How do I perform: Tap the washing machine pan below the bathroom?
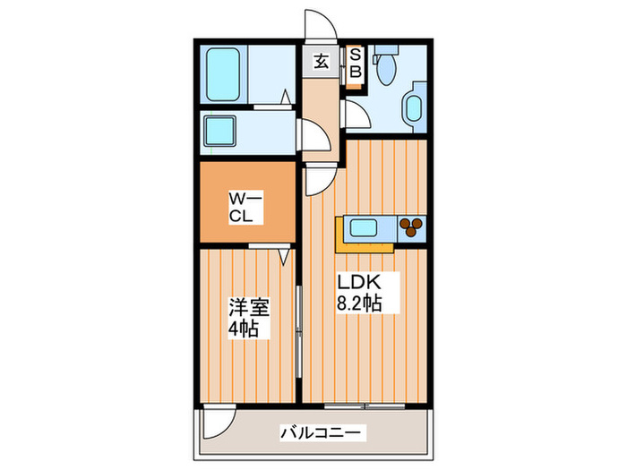(219, 132)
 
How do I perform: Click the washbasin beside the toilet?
(414, 109)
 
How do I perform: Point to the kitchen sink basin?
(365, 228)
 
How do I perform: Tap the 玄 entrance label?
(320, 62)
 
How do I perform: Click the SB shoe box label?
(355, 63)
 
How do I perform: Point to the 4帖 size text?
(243, 329)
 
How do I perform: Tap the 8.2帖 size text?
(360, 304)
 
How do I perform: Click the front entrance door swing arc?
(318, 25)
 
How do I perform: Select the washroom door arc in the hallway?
(313, 136)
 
